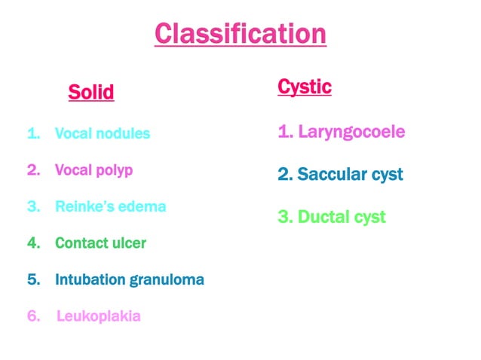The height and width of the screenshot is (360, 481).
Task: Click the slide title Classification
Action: (x=240, y=34)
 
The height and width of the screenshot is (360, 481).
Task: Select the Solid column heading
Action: (x=91, y=92)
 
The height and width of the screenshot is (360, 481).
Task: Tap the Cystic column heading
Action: (x=305, y=87)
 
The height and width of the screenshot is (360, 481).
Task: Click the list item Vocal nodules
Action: (x=103, y=134)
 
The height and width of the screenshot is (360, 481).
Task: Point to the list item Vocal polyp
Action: (x=93, y=170)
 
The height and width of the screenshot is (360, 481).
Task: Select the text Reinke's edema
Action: (x=110, y=206)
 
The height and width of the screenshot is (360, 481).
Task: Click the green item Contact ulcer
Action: (x=100, y=243)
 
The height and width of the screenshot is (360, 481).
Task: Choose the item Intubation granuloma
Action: (x=129, y=280)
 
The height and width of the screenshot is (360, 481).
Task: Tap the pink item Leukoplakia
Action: (x=98, y=316)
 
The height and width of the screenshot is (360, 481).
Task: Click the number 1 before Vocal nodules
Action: (x=32, y=134)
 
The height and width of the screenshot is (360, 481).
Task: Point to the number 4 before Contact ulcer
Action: (x=32, y=243)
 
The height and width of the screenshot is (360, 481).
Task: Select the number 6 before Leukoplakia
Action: (x=32, y=316)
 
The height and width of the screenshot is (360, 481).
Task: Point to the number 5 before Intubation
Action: (x=32, y=280)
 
